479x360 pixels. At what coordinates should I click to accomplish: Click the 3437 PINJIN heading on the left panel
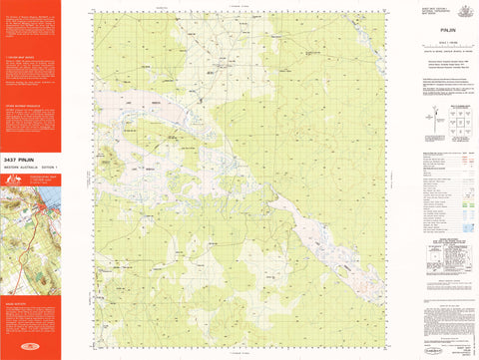pos(24,159)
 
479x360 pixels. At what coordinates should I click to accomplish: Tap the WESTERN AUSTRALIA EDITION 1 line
pos(30,167)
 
